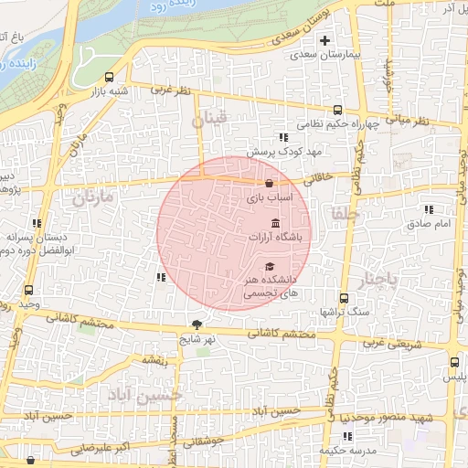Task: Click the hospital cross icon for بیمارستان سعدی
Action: [324, 40]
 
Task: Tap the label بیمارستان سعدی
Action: [324, 55]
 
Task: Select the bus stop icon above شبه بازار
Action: [110, 77]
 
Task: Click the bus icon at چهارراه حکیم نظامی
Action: [339, 110]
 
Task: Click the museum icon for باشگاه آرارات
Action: [275, 224]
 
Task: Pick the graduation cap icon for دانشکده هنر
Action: [269, 266]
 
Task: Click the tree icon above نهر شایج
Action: [197, 324]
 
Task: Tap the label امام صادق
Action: [424, 223]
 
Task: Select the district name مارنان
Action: [90, 197]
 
